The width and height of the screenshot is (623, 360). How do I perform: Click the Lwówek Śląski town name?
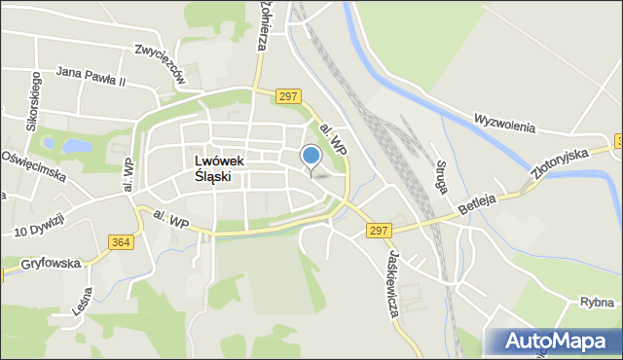[219, 170]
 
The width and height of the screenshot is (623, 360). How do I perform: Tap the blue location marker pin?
[311, 156]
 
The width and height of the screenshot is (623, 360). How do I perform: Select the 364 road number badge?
[121, 242]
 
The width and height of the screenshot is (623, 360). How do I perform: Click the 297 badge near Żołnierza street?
[287, 95]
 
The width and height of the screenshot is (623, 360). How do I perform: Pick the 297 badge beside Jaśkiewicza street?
[380, 231]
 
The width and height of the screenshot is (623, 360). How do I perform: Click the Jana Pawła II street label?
[92, 72]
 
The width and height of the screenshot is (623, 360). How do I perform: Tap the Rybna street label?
[592, 303]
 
